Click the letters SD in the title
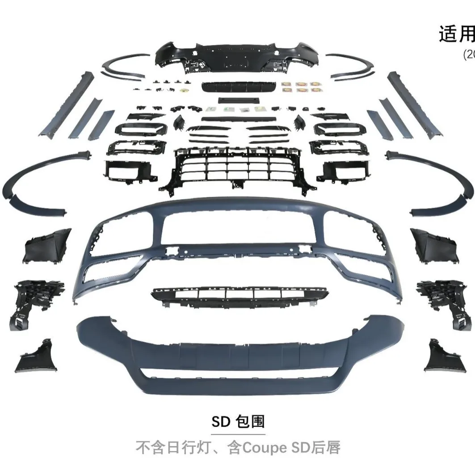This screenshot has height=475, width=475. (x=221, y=421)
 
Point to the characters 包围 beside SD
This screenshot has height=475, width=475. (x=251, y=421)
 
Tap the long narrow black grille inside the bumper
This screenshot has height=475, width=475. (x=240, y=294)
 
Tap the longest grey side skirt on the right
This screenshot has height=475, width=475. (x=414, y=104)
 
